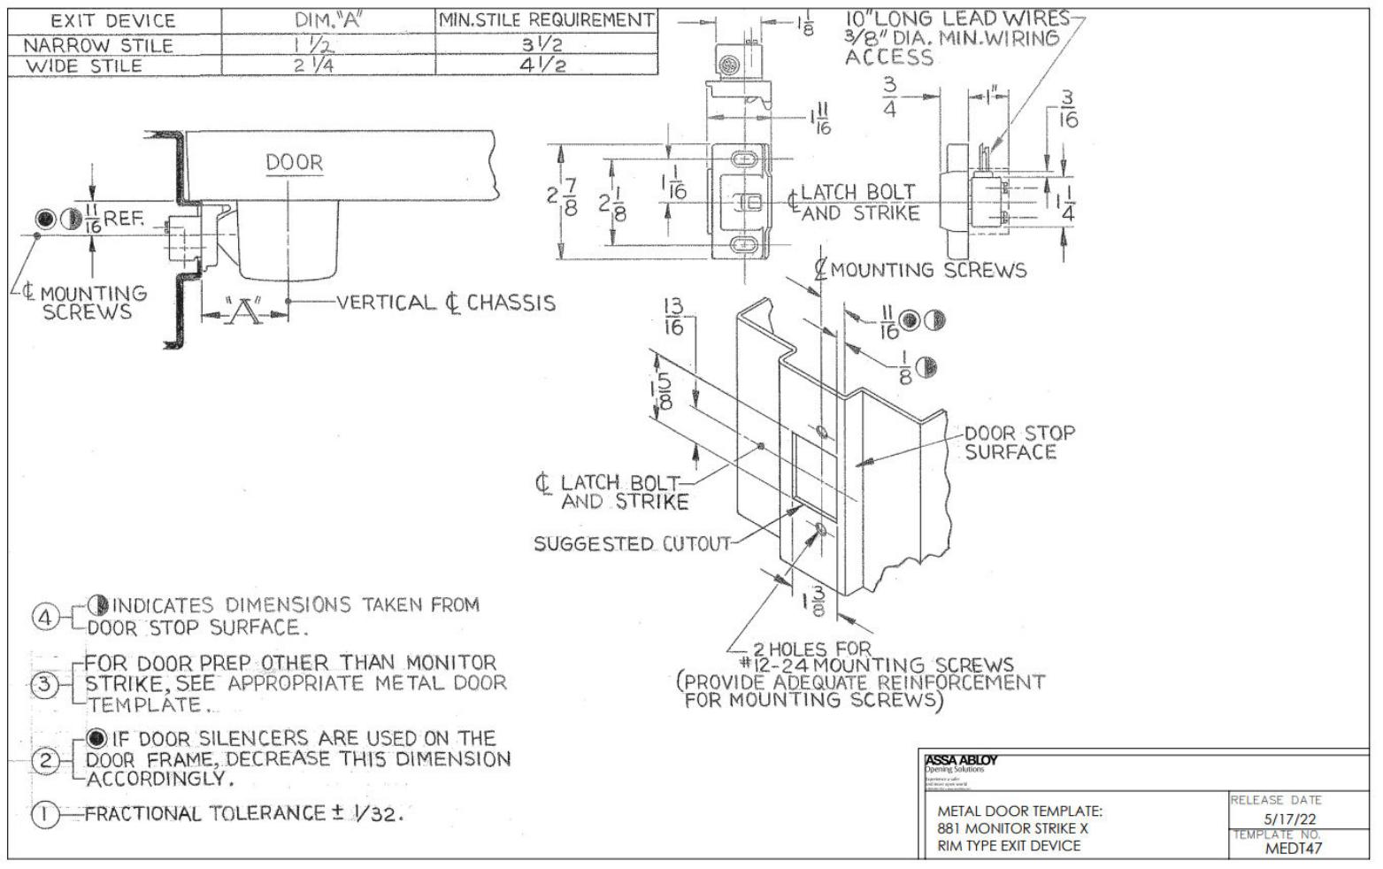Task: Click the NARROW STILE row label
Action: coord(98,45)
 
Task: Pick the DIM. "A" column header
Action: coord(328,20)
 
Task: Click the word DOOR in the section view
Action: coord(295,163)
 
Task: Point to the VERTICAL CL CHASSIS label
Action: coord(446,303)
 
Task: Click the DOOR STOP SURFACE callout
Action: coord(1019,442)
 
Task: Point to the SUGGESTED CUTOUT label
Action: coord(632,543)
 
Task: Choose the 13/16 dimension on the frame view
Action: coord(673,316)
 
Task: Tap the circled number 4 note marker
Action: coord(45,617)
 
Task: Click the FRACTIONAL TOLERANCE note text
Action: coord(243,814)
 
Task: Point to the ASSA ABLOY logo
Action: coord(960,760)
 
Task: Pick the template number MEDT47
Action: coord(1293,848)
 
